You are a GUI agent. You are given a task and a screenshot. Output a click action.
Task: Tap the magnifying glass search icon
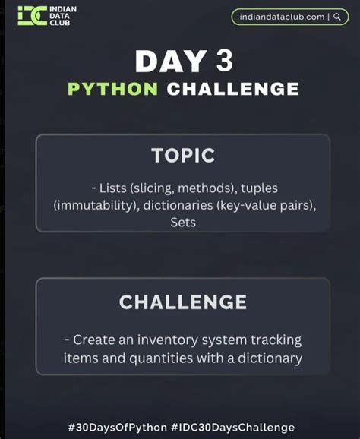tap(336, 16)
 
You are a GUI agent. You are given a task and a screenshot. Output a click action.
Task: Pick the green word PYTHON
tap(112, 88)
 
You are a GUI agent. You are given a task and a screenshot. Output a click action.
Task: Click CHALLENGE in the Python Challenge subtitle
tap(232, 88)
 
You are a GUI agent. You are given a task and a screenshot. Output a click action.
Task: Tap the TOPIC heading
tap(182, 156)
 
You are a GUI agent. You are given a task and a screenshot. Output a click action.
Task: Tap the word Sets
tap(182, 223)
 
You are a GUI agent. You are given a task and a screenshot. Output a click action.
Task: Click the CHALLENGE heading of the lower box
tap(182, 302)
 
